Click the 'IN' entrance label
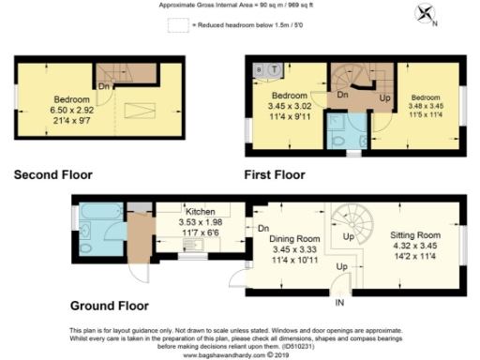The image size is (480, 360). click(339, 303)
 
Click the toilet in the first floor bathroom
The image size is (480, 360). click(339, 139)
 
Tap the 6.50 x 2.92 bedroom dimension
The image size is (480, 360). click(71, 110)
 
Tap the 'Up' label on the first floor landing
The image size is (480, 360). click(383, 97)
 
